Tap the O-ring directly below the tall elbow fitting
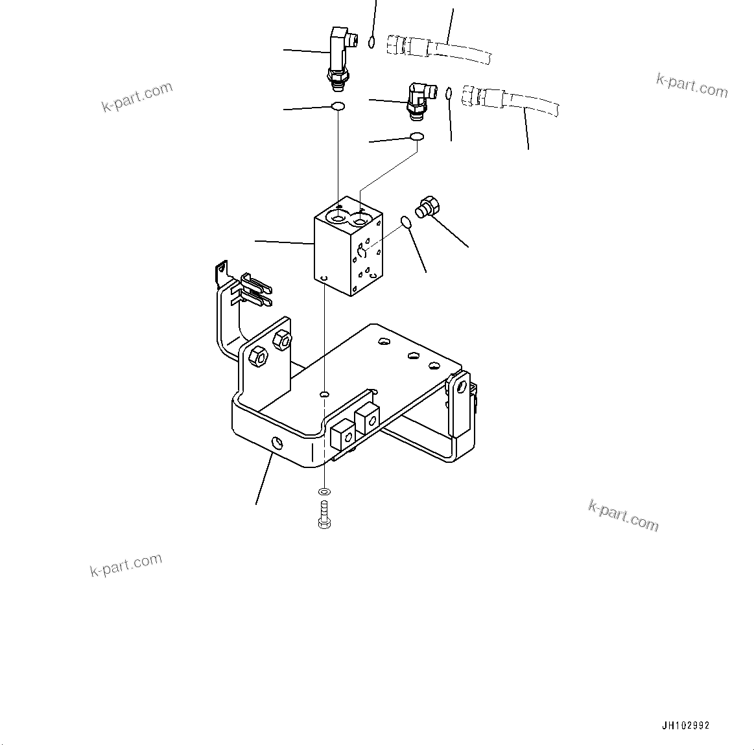point(338,106)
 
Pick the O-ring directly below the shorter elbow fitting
point(416,137)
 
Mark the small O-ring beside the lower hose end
point(449,95)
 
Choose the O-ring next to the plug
point(406,223)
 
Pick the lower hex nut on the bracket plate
point(257,357)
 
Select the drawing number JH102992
point(686,726)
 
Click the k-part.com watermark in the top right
point(692,86)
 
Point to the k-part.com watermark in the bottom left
point(126,565)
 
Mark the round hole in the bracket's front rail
point(277,443)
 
